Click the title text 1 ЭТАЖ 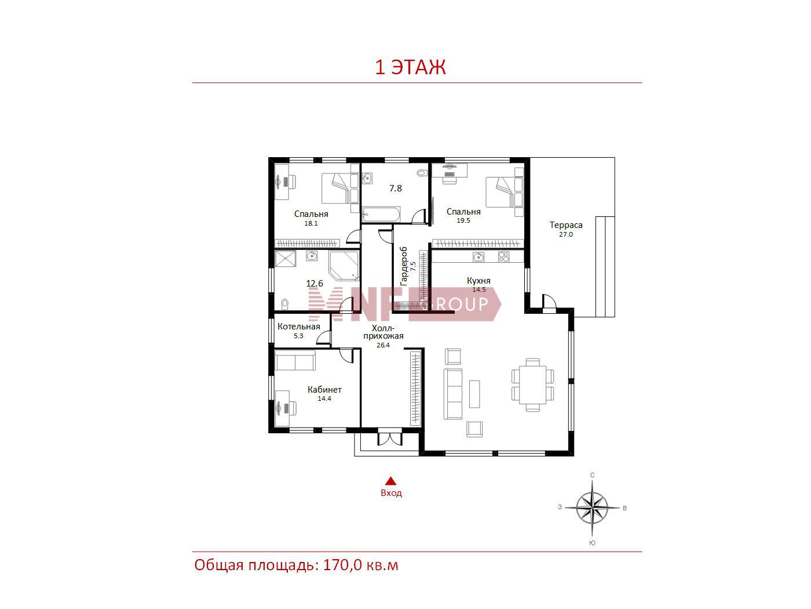coord(410,67)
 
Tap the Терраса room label coord(565,225)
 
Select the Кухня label coord(478,281)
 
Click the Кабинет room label coord(324,389)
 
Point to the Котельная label coord(298,327)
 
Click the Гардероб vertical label coord(403,266)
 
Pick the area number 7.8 coord(395,188)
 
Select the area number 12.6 coord(315,283)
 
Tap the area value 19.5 coord(463,220)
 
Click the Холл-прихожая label coord(383,332)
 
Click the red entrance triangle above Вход coord(391,481)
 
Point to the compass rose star coord(592,508)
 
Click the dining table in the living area coord(533,385)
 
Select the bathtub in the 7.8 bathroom coord(381,215)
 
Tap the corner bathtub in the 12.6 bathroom coord(344,266)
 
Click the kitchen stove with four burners coord(503,256)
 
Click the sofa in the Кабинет coord(295,361)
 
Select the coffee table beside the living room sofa coord(474,394)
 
